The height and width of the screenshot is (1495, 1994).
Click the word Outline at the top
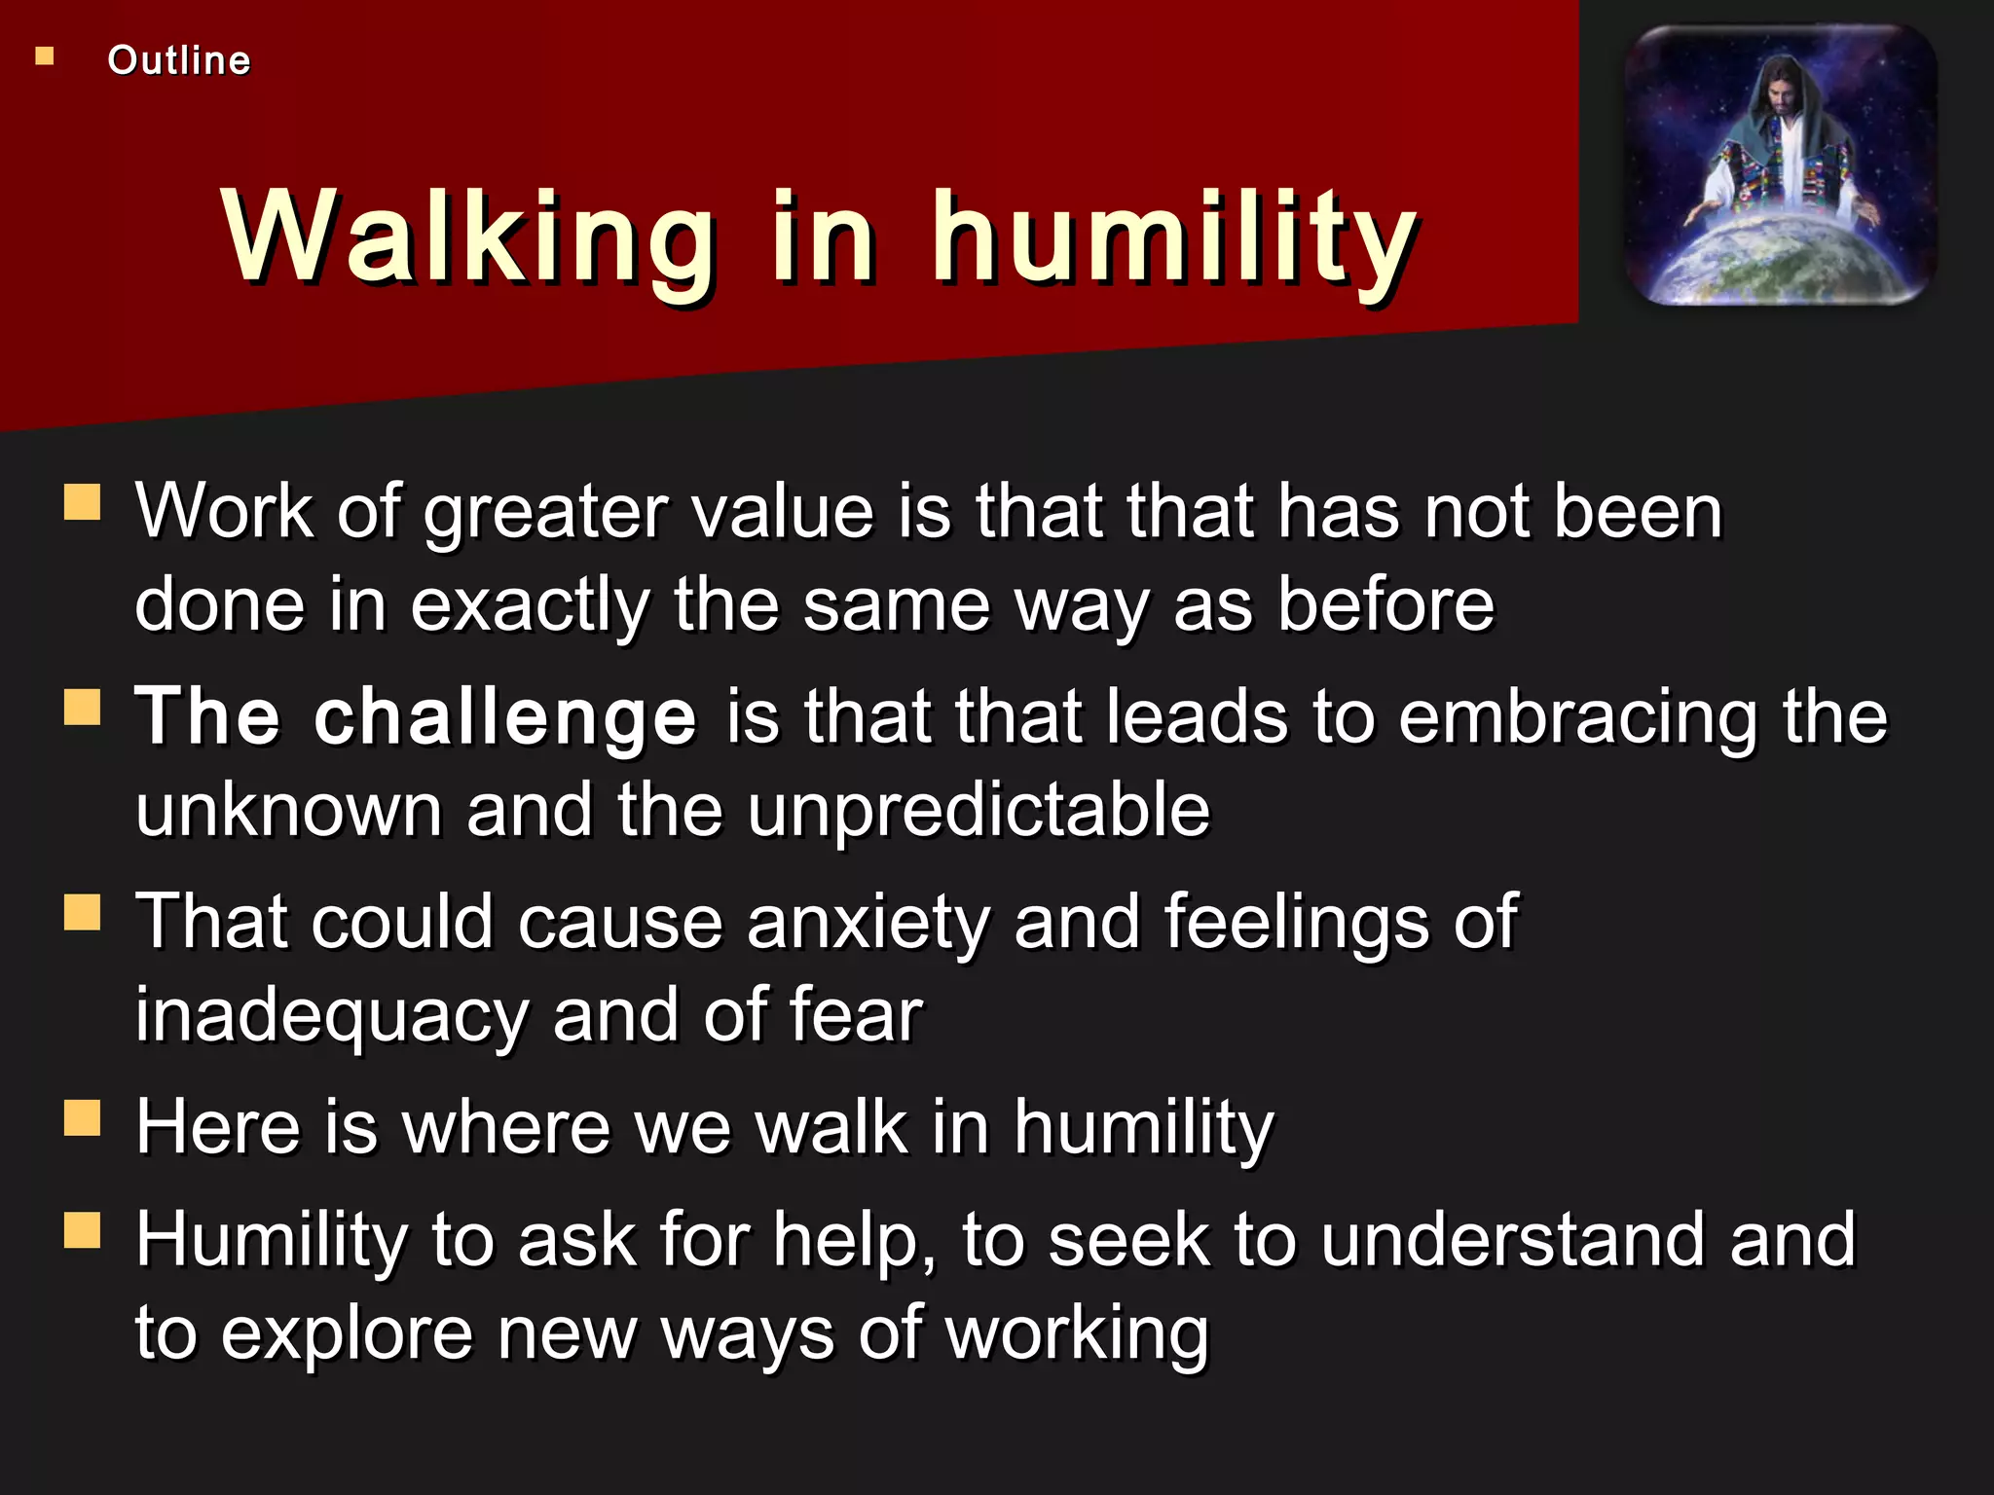point(179,60)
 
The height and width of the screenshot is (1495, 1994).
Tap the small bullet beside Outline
point(45,56)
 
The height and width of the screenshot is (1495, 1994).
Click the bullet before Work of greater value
point(83,503)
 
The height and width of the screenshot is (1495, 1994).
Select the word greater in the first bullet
point(545,513)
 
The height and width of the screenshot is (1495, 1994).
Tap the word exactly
point(530,605)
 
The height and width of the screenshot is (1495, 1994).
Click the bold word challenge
point(505,717)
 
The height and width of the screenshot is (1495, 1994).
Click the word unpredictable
point(978,811)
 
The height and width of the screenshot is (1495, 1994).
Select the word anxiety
point(868,923)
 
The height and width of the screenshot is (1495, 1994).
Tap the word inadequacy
point(331,1016)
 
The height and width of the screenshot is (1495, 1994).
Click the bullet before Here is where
point(83,1118)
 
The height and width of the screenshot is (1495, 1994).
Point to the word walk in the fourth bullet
point(831,1128)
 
